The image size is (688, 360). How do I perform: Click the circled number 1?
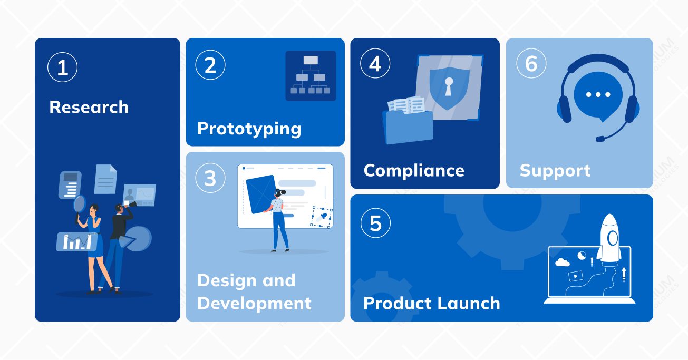pos(62,67)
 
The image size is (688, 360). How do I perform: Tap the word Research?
pos(89,107)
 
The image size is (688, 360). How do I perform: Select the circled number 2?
pos(210,65)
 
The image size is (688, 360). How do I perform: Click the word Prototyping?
pos(249,129)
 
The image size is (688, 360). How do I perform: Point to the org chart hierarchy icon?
pos(311,75)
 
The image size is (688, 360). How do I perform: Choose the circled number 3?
pos(210,178)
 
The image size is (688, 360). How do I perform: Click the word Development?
pos(254,304)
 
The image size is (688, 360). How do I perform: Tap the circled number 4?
pos(375,63)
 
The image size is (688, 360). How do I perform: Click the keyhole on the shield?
pos(449,86)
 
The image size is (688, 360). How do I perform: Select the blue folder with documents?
pos(408,121)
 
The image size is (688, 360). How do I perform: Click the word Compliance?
pos(414,171)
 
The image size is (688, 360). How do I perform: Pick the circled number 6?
pos(531,63)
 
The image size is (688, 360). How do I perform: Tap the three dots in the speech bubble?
pos(598,94)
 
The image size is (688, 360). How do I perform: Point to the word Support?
pos(555,171)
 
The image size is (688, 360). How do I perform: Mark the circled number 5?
pos(375,223)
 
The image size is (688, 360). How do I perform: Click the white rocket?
pos(609,240)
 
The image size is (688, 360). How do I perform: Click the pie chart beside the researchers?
pos(136,239)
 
